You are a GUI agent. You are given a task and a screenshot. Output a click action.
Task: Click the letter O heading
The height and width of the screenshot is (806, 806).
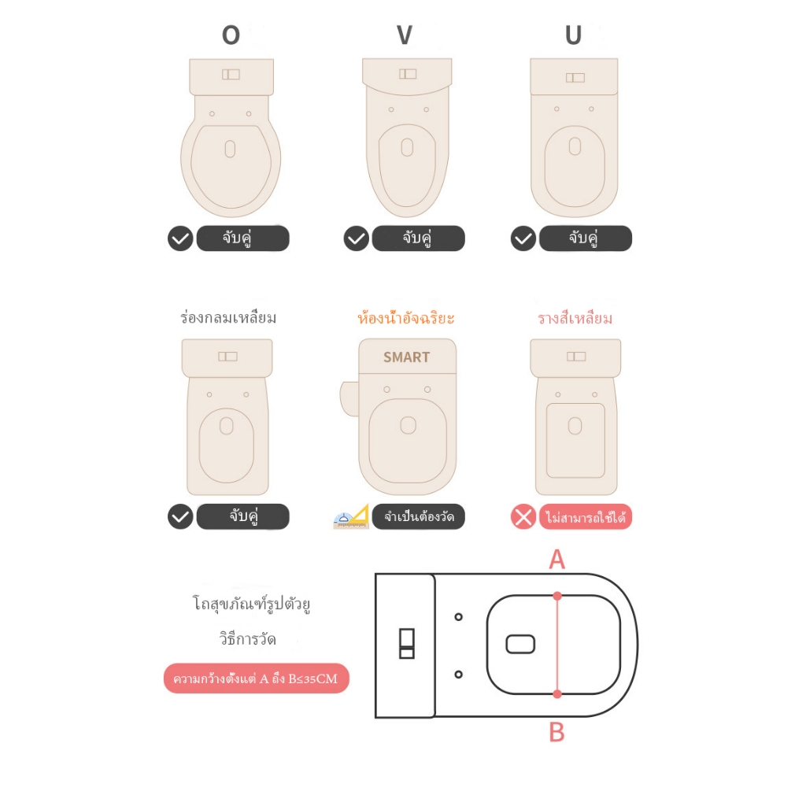coord(231,35)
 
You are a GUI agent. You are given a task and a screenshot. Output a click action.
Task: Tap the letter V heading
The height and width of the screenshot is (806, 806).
coord(405,35)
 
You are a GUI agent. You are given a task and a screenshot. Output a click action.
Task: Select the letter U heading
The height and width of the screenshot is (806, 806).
coord(573,35)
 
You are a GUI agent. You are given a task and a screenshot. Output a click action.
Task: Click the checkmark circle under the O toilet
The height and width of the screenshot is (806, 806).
coord(180,238)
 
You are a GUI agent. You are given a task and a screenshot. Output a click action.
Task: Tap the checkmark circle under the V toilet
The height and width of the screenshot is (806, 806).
coord(357,238)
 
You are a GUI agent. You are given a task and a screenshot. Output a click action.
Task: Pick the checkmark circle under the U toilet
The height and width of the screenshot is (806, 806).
coord(523,238)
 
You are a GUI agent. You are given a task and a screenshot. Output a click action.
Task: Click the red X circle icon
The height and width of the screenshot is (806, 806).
coord(523,516)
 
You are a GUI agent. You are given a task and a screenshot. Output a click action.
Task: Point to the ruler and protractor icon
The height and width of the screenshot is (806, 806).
coord(351,516)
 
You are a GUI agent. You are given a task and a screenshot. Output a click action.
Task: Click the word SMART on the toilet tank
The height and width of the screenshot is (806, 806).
coord(407,357)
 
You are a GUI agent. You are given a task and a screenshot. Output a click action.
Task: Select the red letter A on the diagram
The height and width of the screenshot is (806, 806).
coord(557,560)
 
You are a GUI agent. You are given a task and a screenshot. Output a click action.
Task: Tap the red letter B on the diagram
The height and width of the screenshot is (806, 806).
coord(556,732)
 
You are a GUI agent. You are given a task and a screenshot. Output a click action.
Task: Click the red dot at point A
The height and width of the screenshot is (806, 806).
coord(557,597)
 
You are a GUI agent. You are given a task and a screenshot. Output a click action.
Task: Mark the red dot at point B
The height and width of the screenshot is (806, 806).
coord(557,694)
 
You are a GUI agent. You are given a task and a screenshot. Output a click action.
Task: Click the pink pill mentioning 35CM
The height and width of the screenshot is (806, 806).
coord(257,678)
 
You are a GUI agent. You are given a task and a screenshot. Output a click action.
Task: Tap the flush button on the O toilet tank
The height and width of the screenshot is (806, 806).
coord(231,75)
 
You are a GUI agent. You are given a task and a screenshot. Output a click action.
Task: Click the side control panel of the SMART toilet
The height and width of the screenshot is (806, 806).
coord(349,399)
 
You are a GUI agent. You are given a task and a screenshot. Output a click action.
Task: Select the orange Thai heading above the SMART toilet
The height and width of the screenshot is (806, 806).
coord(406,318)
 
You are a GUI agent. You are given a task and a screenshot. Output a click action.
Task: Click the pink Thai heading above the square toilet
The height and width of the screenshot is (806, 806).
coord(575,319)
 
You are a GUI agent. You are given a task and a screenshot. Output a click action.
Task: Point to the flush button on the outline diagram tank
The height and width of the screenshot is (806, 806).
coord(407,643)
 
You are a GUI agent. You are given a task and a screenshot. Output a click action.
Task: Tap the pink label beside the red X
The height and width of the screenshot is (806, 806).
coord(586,516)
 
